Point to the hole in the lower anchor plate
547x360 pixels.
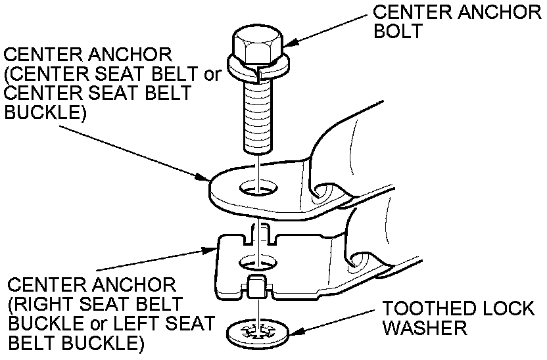coord(256,262)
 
